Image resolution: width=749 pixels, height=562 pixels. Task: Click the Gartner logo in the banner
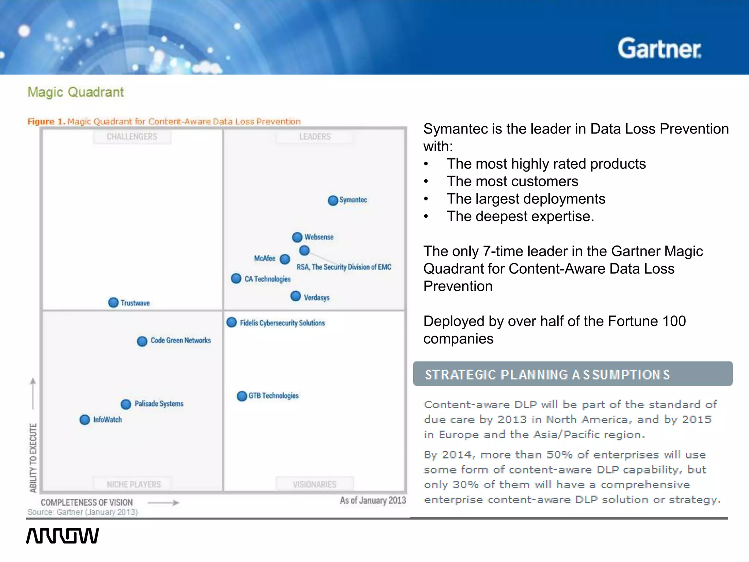(659, 49)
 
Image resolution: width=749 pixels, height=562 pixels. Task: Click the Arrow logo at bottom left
(63, 536)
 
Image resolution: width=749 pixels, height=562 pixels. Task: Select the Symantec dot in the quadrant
(333, 201)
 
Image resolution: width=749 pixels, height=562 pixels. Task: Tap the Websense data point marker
(297, 237)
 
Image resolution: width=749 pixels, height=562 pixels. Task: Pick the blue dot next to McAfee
(285, 259)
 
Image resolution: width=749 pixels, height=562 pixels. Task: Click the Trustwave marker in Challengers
(113, 303)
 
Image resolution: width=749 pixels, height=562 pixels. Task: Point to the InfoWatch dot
(84, 420)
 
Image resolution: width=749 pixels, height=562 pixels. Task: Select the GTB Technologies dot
(242, 396)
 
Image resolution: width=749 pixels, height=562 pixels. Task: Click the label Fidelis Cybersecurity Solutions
(282, 323)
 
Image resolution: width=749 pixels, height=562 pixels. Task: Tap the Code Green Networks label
(181, 341)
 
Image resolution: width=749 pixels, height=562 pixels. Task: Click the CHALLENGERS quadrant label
(132, 137)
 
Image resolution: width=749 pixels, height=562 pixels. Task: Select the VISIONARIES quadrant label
(315, 484)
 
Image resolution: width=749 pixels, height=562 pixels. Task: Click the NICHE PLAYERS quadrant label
(133, 484)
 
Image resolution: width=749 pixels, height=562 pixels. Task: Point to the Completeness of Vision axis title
(87, 502)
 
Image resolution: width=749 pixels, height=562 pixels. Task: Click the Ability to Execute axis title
(33, 458)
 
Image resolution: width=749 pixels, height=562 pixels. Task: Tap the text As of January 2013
(373, 501)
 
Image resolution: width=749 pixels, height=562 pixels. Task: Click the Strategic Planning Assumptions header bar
(572, 374)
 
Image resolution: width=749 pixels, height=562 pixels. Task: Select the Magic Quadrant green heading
(76, 92)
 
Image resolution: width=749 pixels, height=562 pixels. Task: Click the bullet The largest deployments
(526, 199)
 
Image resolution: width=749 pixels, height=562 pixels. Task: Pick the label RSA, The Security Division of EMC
(344, 267)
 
